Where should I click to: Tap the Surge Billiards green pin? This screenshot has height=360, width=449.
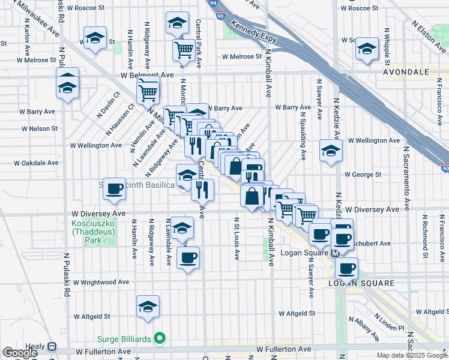tap(159, 339)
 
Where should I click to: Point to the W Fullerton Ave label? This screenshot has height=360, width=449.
tap(284, 349)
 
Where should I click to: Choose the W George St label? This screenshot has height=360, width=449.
tap(363, 175)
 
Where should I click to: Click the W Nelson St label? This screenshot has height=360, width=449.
tap(39, 128)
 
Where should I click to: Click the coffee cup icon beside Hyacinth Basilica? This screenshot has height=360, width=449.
tap(113, 190)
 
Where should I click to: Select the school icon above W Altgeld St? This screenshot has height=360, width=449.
tap(148, 307)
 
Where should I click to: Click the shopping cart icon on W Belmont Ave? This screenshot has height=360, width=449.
tap(148, 92)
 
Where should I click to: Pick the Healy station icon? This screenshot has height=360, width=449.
tap(52, 347)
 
